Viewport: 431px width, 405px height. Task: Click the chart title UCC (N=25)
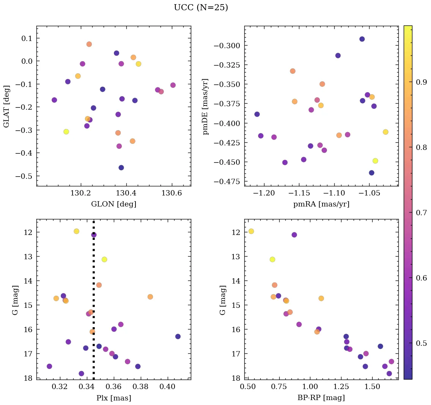(x=201, y=8)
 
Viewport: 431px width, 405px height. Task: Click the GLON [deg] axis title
(x=113, y=204)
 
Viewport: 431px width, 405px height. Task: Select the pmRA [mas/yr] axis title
(x=321, y=204)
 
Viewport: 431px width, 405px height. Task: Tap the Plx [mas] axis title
(x=113, y=398)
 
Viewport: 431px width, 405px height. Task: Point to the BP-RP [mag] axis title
(x=321, y=398)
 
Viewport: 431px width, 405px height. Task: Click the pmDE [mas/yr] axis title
(x=206, y=106)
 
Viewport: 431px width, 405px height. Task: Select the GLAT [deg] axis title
(x=6, y=106)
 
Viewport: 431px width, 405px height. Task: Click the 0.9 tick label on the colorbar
(x=422, y=82)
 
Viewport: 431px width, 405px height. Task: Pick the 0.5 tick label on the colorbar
(x=422, y=343)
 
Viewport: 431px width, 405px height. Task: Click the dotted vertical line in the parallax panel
(x=93, y=266)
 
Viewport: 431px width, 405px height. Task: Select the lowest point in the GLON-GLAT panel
(x=121, y=168)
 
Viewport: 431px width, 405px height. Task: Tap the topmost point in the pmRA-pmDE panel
(x=362, y=39)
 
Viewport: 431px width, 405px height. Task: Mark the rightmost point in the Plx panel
(x=178, y=336)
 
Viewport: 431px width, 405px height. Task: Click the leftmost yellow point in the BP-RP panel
(x=251, y=231)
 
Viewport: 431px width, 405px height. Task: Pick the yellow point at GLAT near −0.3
(x=66, y=132)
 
